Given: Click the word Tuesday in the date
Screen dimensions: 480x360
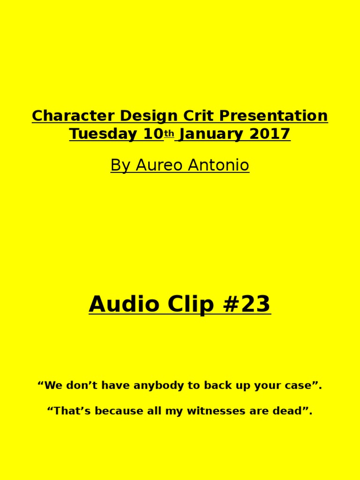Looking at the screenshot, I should tap(103, 134).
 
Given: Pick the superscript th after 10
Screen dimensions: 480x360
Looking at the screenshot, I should tap(169, 134).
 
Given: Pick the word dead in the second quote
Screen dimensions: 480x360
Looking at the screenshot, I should tap(293, 411).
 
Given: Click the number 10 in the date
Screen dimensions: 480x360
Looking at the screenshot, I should tap(153, 134).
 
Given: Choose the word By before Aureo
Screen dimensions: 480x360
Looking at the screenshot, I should tap(119, 165).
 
